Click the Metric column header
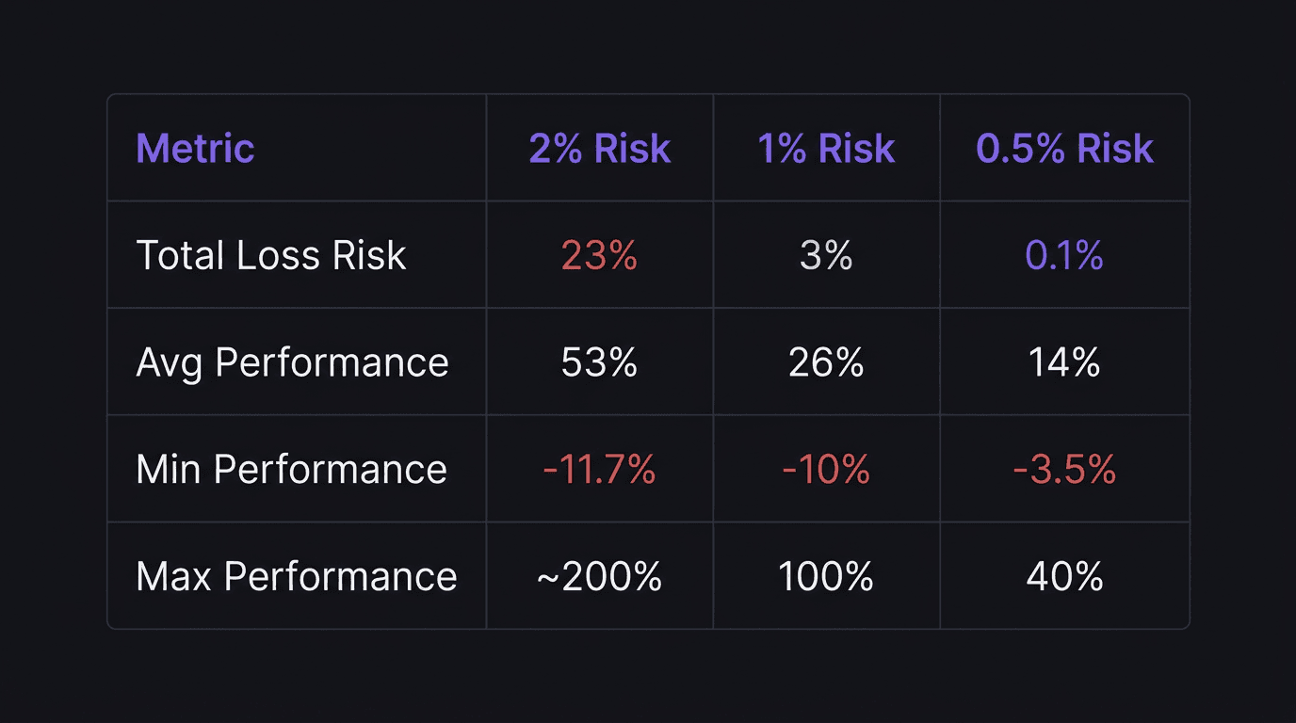[195, 149]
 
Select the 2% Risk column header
[599, 149]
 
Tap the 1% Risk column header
[826, 149]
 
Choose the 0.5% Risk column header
[1064, 149]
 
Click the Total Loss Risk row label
[271, 255]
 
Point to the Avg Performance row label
[292, 362]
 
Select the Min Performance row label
[291, 469]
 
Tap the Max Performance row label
[296, 576]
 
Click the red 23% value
[599, 255]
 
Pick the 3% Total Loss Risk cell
[826, 255]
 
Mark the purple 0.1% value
[1064, 255]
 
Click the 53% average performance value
[599, 362]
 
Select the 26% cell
[826, 362]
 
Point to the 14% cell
[1064, 362]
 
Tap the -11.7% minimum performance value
[599, 469]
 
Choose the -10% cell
[826, 469]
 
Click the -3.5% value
[1064, 469]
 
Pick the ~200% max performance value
[599, 576]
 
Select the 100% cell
[826, 576]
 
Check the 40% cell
[1064, 576]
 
